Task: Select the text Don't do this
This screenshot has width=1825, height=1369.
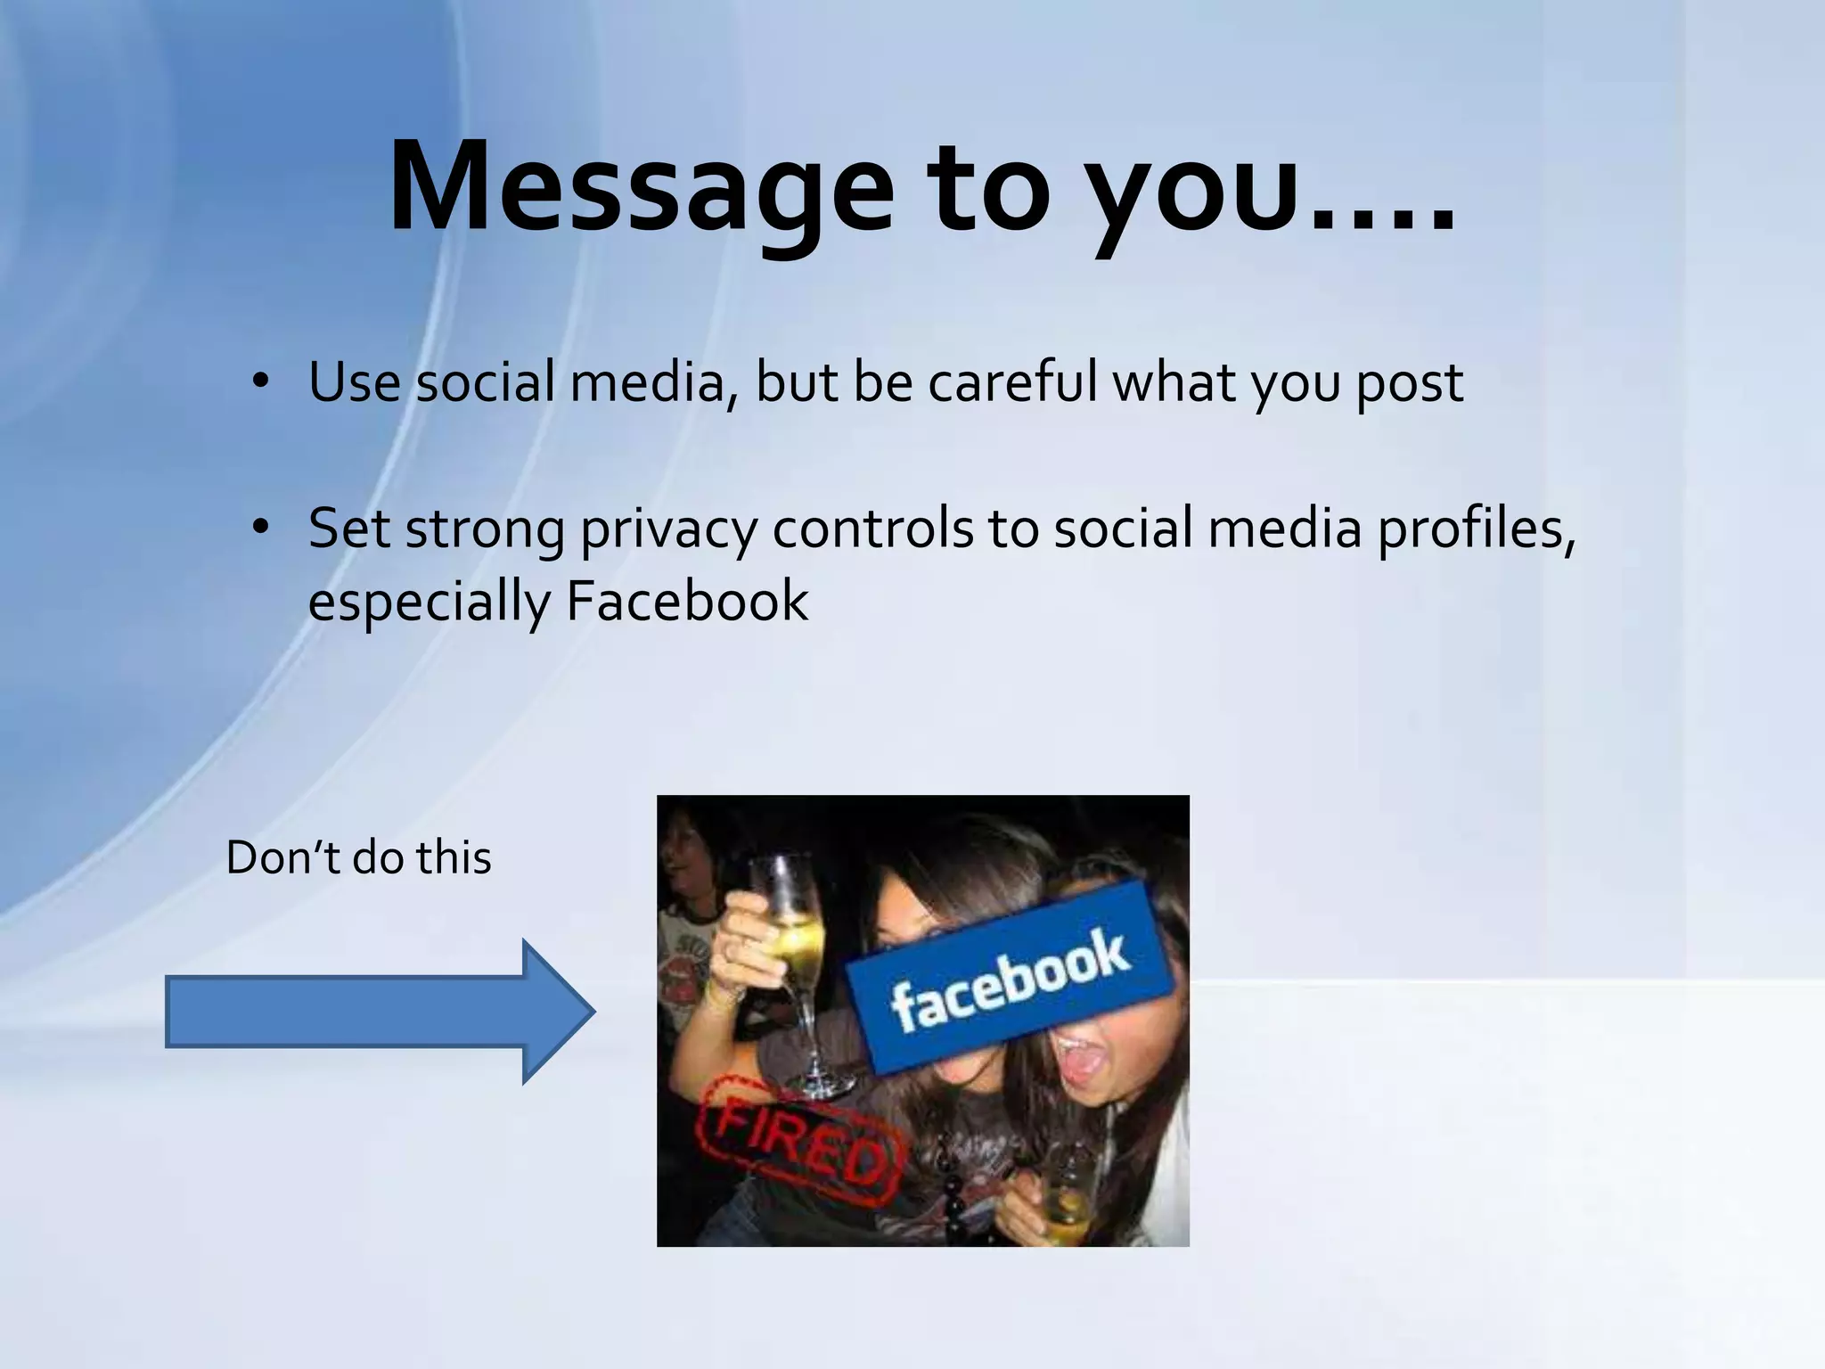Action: point(358,858)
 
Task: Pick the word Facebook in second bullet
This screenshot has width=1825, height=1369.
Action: point(687,602)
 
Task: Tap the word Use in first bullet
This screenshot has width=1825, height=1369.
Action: point(354,382)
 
